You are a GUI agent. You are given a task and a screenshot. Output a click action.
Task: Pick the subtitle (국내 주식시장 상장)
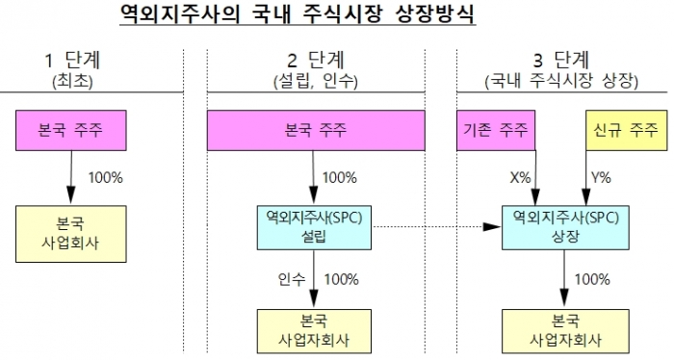pos(559,82)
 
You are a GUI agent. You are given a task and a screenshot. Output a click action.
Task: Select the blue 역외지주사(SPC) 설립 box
pos(314,226)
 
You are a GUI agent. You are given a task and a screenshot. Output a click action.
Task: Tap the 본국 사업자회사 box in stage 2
pos(314,330)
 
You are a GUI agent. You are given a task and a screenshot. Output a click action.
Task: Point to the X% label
pos(521,178)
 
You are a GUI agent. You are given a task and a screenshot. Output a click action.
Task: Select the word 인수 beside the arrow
pos(289,280)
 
